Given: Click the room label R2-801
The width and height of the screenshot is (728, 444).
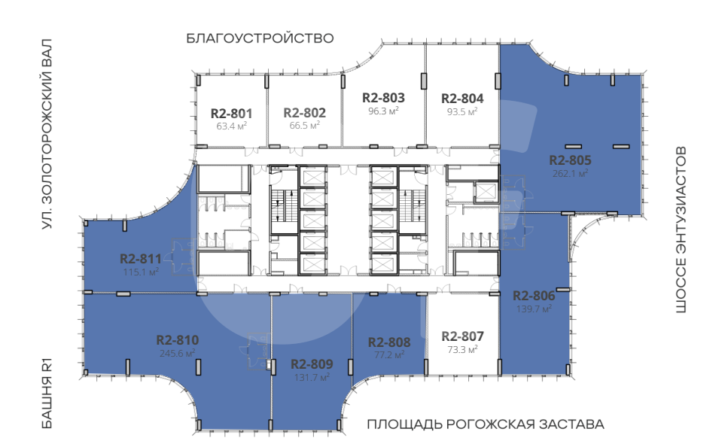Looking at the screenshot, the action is pos(231,113).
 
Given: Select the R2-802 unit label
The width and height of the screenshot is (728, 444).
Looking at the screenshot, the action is pos(305,113).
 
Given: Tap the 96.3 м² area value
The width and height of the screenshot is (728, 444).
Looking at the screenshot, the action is pos(383,111).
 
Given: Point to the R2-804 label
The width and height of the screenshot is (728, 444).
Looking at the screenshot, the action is pos(462,99).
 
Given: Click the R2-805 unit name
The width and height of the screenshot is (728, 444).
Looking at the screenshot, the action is pos(570,160).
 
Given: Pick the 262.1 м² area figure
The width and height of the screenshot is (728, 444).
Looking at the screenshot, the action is pos(570,173).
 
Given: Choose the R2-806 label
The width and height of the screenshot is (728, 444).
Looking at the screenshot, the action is pos(534,296).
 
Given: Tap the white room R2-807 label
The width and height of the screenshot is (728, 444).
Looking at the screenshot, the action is pos(462,336).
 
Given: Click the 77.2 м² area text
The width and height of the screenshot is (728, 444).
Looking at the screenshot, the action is pos(389,355).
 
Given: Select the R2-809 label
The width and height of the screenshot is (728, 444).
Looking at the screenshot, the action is pos(312,364).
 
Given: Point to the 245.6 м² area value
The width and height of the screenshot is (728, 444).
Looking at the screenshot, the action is pos(178,353).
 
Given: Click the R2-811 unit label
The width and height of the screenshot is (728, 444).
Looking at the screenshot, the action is pos(141,259).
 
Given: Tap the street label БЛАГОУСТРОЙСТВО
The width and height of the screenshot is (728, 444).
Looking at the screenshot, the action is pos(260,38).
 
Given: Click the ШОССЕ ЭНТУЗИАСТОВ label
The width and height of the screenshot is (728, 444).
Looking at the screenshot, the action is pos(681,230).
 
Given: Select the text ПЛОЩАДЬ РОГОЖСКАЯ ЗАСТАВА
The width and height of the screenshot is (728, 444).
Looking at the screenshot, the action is pos(486,424).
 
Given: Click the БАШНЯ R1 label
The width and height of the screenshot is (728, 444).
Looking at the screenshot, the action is pos(47,394).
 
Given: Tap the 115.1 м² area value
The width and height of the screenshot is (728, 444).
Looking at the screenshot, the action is pos(141,272).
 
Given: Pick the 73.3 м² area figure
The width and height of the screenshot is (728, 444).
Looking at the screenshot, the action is pos(462,349).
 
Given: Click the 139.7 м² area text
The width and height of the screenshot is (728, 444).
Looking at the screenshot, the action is pos(534,309).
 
